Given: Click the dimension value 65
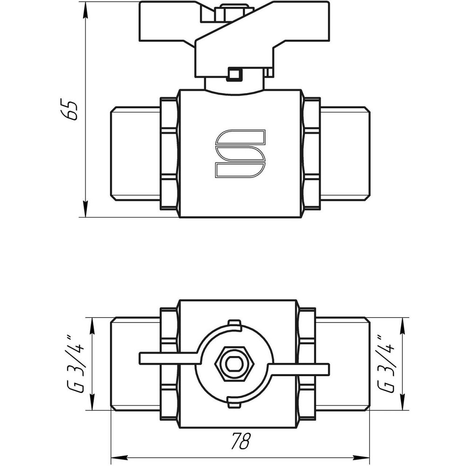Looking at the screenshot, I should (70, 110).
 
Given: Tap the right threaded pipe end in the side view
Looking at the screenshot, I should (345, 154).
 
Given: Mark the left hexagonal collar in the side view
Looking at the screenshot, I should (169, 154).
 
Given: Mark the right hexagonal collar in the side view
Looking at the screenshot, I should (311, 154).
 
